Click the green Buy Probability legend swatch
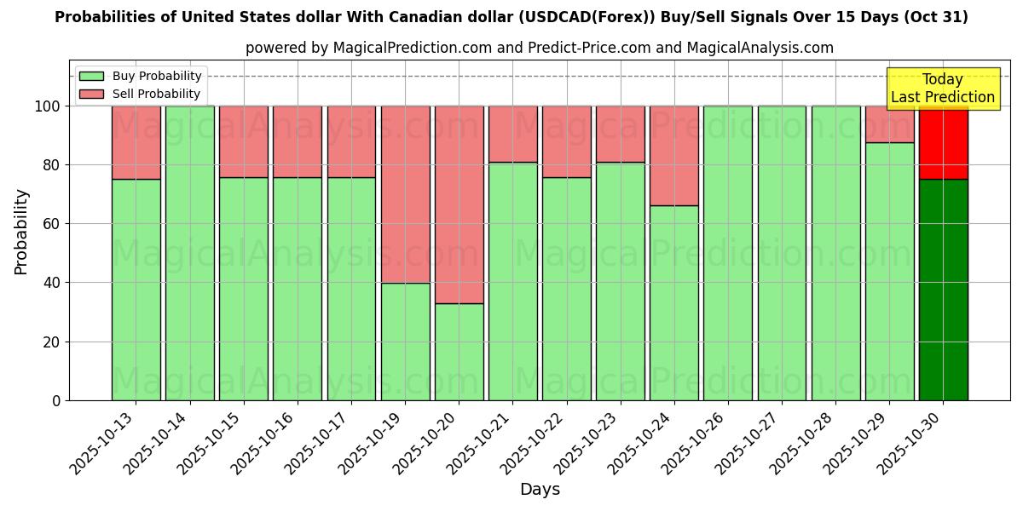click(91, 77)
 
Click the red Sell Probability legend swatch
click(91, 95)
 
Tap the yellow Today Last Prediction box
click(943, 89)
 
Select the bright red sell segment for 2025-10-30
click(943, 142)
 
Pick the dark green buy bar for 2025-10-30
click(943, 290)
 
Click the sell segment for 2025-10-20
click(459, 204)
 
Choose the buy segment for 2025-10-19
click(405, 342)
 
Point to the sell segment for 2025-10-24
click(674, 156)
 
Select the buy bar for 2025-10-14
click(189, 253)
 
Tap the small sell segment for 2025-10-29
click(889, 124)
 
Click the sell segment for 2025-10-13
click(136, 142)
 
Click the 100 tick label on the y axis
click(48, 106)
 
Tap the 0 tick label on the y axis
click(56, 401)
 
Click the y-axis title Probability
click(21, 232)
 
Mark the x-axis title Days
click(540, 490)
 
